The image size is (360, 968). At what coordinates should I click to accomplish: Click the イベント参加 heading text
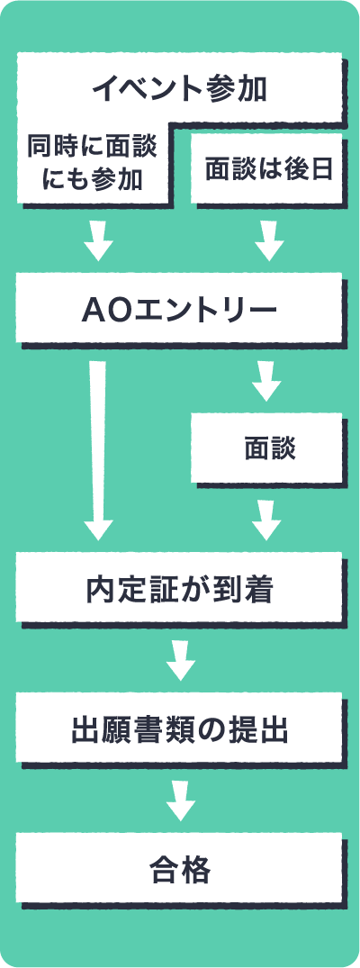coord(179,90)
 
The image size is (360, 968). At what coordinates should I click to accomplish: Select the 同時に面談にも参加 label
coord(92,164)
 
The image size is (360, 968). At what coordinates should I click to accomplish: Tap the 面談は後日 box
coord(266,167)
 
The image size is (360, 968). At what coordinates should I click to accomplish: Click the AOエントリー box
coord(179,309)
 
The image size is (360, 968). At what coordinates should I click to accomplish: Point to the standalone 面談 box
coord(266,448)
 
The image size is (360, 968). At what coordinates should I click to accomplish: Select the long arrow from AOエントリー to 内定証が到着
coord(98,450)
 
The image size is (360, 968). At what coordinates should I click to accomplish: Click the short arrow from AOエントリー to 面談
coord(266,380)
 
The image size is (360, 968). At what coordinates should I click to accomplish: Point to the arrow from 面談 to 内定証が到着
coord(266,520)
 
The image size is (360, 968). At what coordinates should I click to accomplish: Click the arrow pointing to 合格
coord(181,801)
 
